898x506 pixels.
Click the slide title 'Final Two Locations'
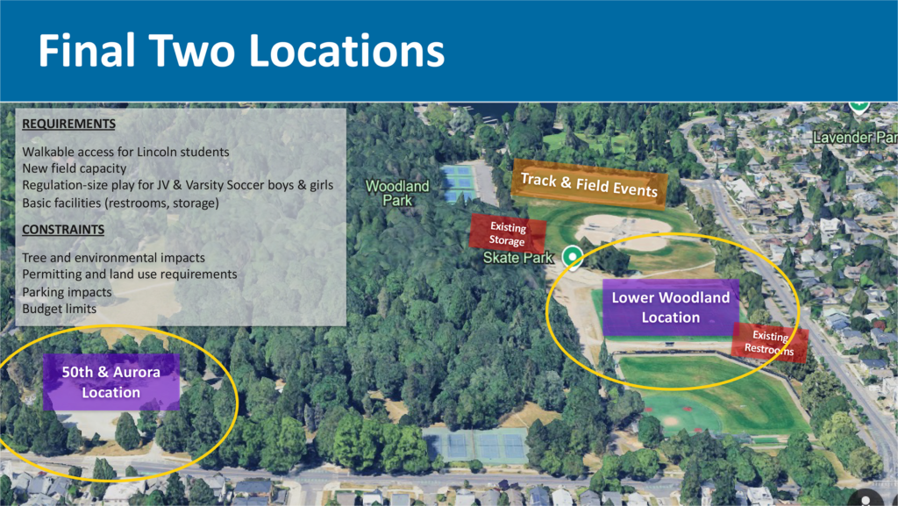point(241,52)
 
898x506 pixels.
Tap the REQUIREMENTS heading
point(68,124)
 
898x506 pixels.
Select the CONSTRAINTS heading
point(63,230)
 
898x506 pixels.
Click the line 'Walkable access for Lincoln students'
point(125,152)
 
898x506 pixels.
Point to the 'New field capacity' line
point(75,168)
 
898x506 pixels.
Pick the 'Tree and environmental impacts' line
point(114,257)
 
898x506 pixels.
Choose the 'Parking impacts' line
point(67,291)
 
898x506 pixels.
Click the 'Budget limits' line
point(60,309)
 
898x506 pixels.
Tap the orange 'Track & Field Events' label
point(588,184)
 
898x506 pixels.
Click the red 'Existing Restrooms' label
point(769,343)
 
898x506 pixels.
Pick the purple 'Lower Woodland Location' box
point(670,307)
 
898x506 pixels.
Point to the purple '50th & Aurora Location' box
point(111,382)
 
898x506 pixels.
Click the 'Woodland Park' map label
point(397,193)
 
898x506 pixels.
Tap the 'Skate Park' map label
point(518,258)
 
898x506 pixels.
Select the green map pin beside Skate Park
point(573,256)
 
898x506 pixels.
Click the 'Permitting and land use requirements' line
point(130,274)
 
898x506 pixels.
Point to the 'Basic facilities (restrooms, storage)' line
point(120,203)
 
